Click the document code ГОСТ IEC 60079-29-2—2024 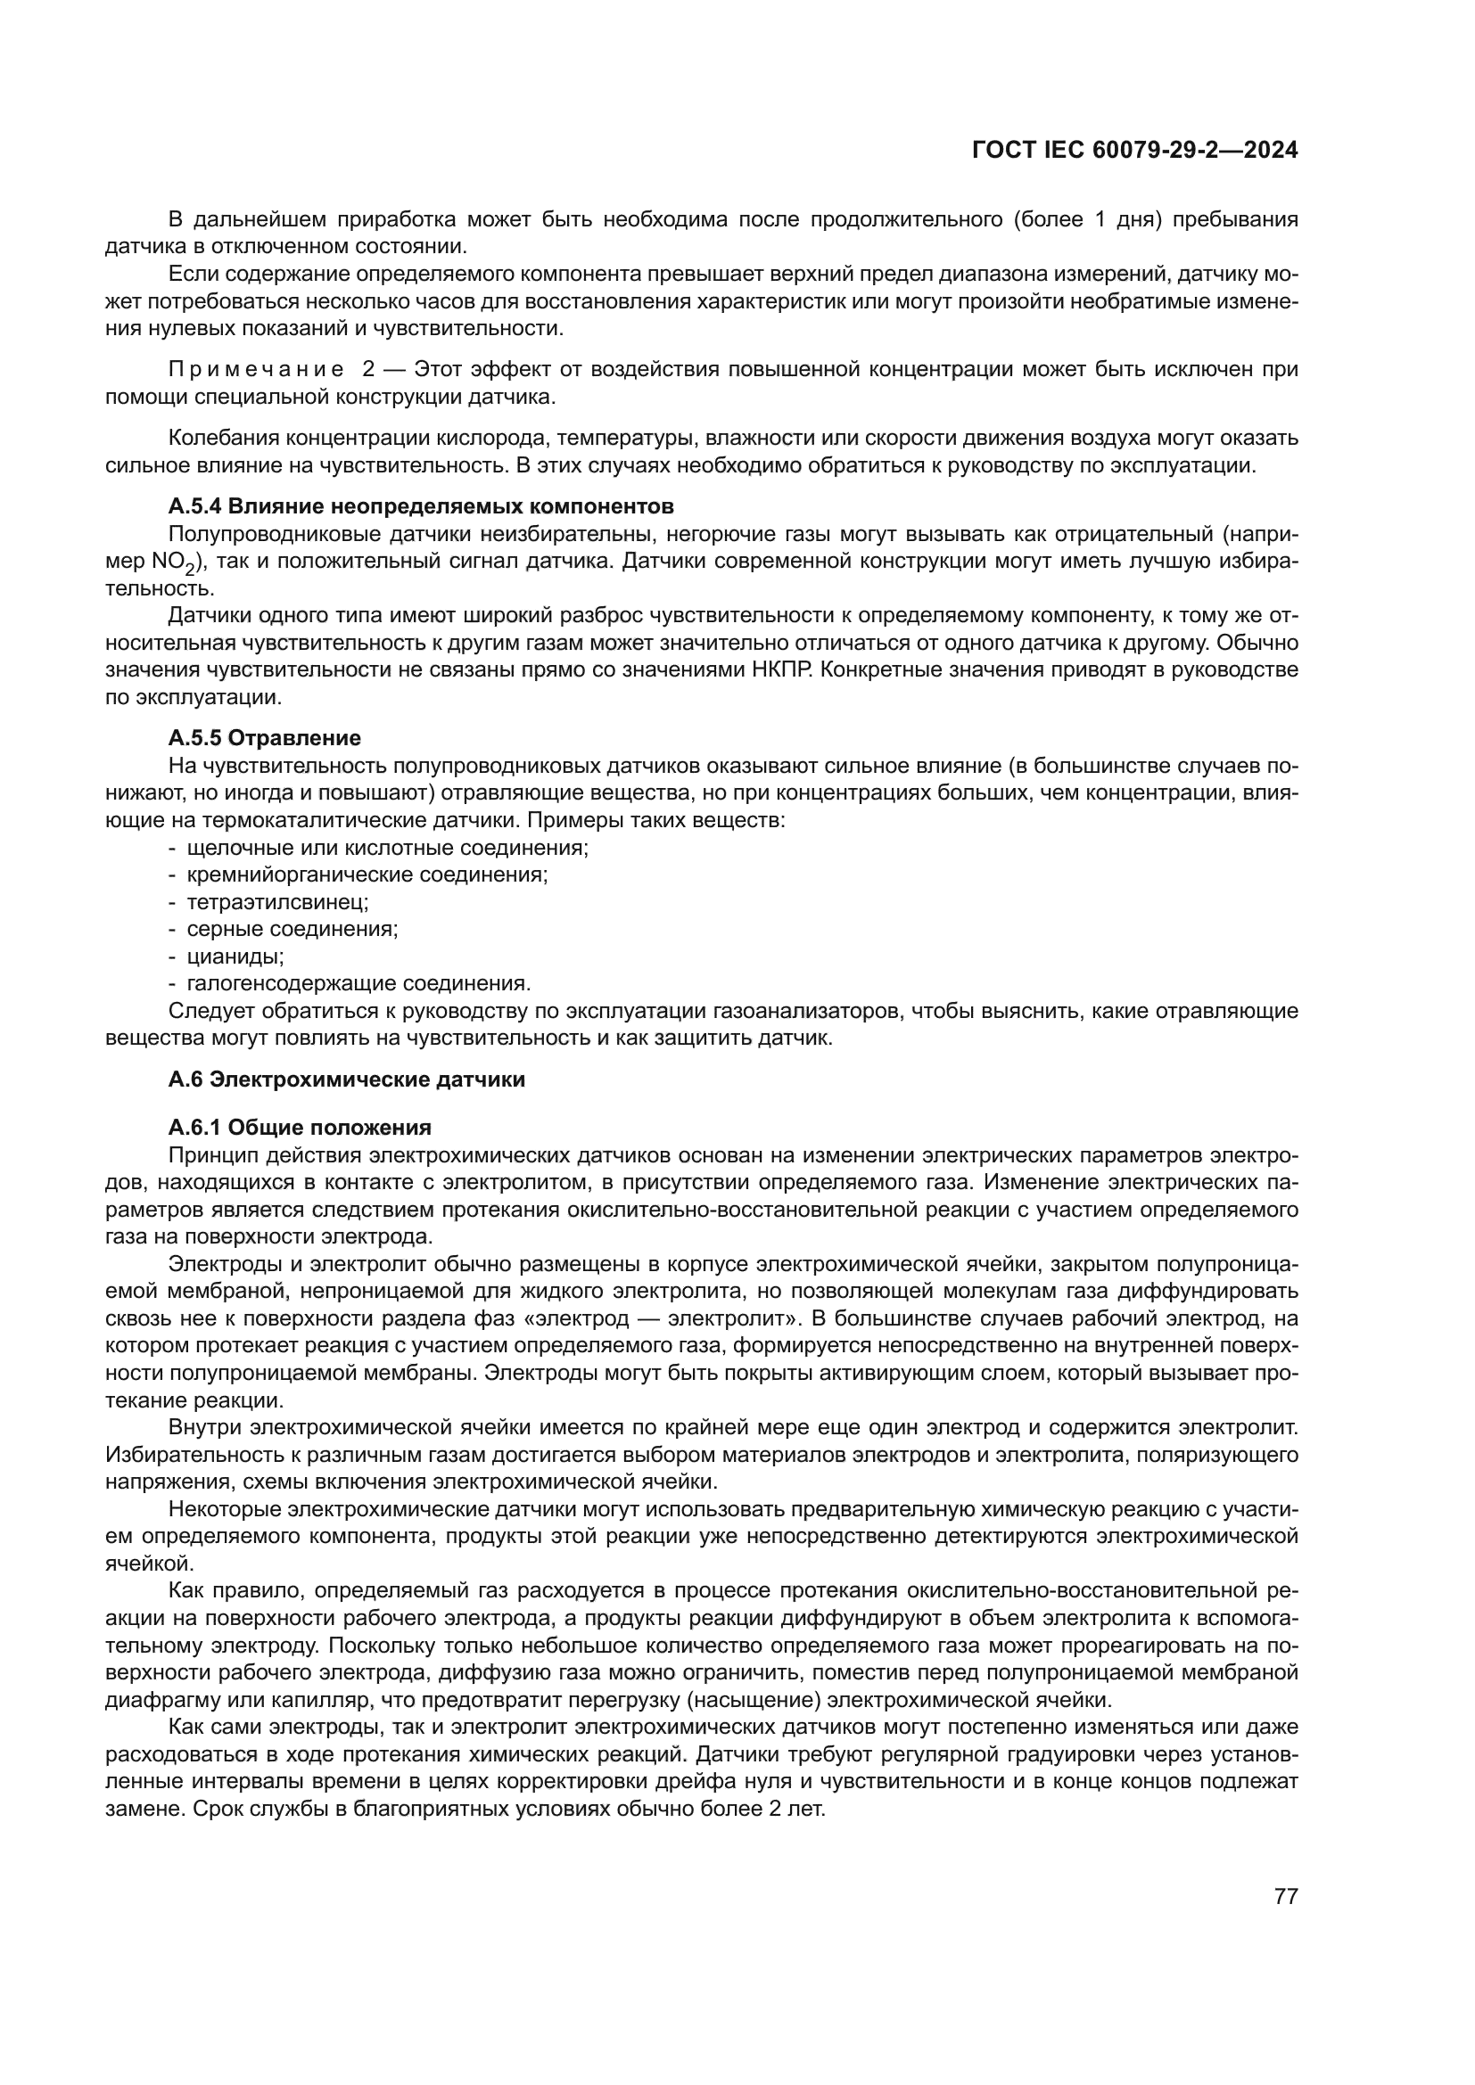pyautogui.click(x=1134, y=150)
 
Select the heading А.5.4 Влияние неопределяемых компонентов pyautogui.click(x=421, y=505)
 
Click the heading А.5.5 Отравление pyautogui.click(x=264, y=737)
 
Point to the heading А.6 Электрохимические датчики pyautogui.click(x=346, y=1079)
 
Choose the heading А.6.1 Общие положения pyautogui.click(x=300, y=1128)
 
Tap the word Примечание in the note pyautogui.click(x=256, y=370)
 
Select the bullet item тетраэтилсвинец pyautogui.click(x=277, y=903)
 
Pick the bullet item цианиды pyautogui.click(x=235, y=956)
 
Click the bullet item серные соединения pyautogui.click(x=293, y=929)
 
